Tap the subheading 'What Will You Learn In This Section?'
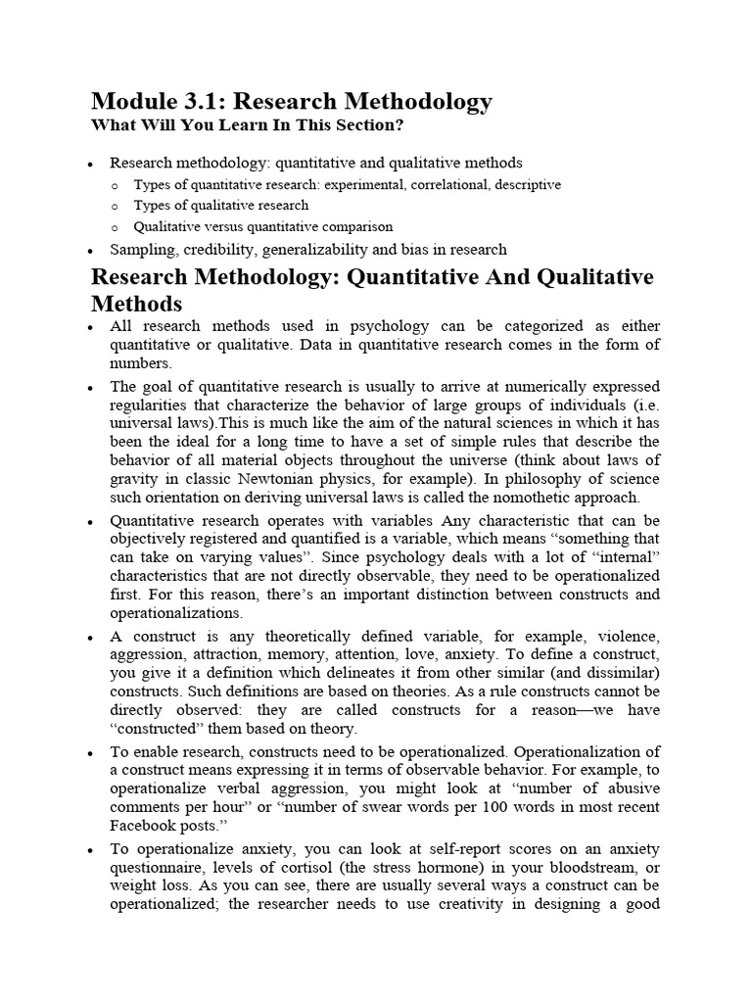(247, 125)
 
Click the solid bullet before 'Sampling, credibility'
(91, 250)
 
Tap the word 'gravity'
(132, 478)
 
